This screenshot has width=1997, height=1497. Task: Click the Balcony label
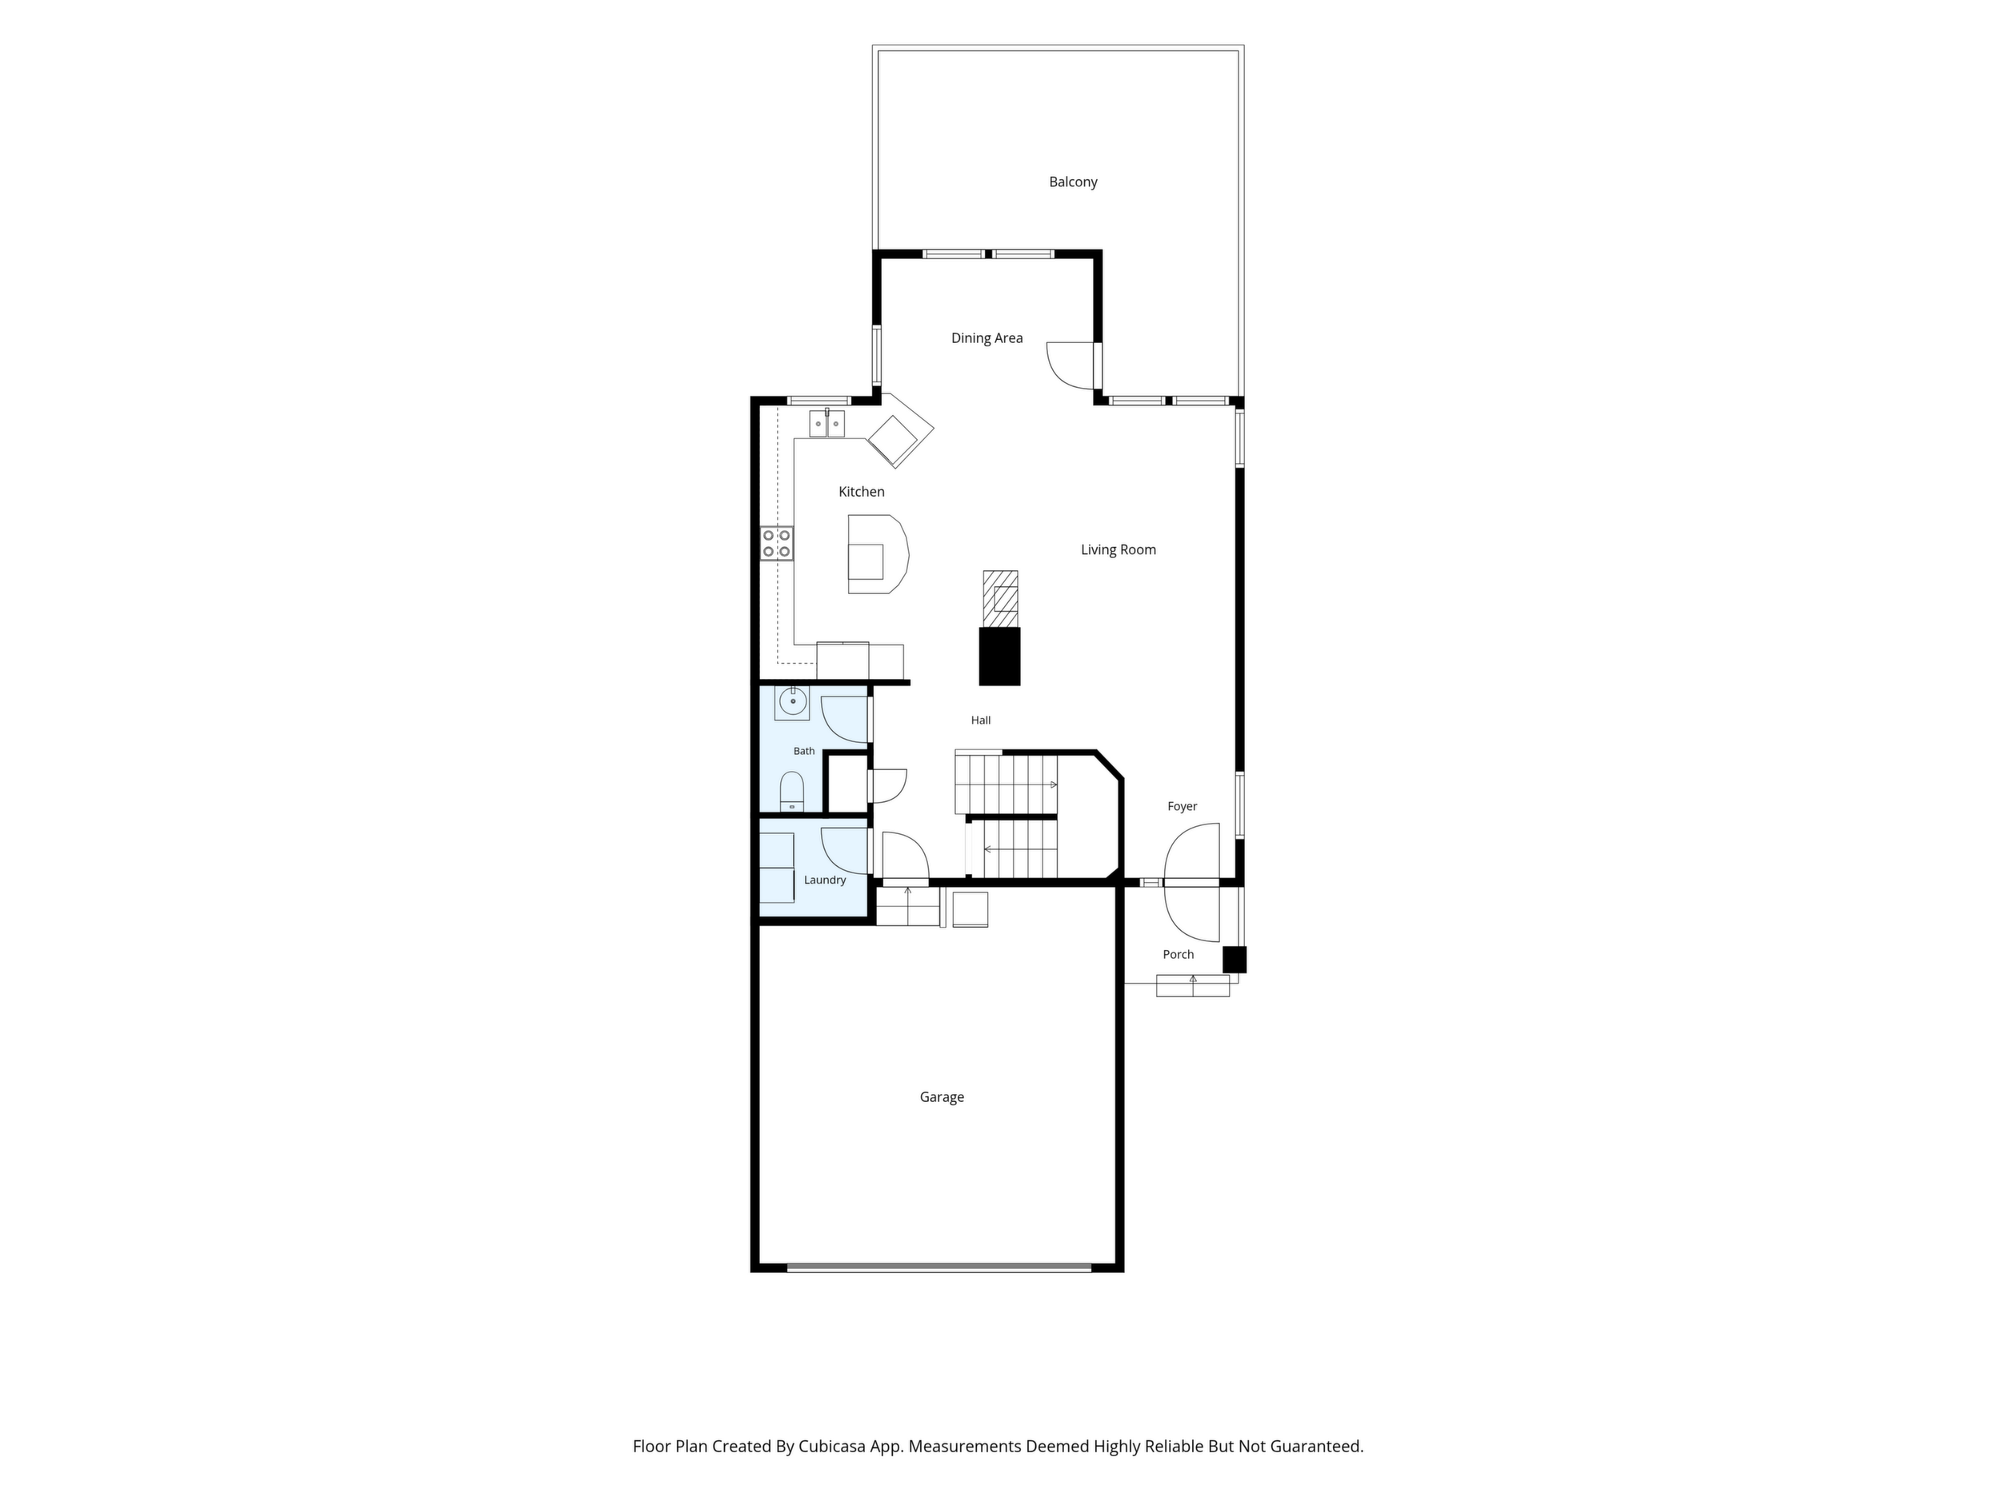(x=1073, y=182)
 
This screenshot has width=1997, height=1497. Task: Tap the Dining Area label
(x=986, y=338)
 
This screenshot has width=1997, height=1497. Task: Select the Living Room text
(x=1119, y=549)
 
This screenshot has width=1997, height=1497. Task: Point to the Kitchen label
(x=861, y=492)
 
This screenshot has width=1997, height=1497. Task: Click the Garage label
(x=942, y=1097)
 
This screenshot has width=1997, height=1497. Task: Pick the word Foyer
(x=1182, y=807)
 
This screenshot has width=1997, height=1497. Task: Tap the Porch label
(x=1179, y=955)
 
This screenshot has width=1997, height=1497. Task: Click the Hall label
(x=980, y=720)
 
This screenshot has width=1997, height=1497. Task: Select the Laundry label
(x=824, y=880)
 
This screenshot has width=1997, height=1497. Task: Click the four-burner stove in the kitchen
(x=776, y=543)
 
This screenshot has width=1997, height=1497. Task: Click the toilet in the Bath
(x=792, y=792)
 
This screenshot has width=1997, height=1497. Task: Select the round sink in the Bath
(x=792, y=702)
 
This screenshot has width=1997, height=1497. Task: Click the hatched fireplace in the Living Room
(x=1000, y=599)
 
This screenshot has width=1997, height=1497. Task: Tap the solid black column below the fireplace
(x=999, y=656)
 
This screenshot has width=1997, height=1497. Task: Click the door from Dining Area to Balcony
(x=1071, y=365)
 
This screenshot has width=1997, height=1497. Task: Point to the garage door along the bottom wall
(x=939, y=1267)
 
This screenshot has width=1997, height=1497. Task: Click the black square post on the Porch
(x=1235, y=959)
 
